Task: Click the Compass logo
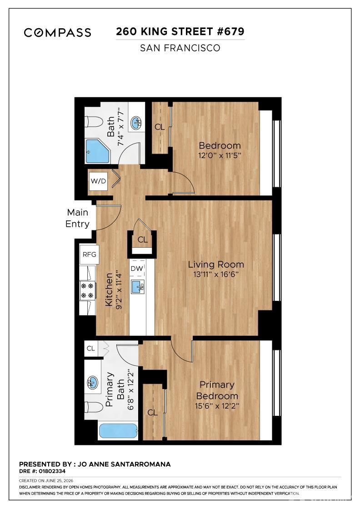(57, 32)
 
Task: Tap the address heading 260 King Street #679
(180, 31)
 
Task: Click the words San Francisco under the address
(180, 48)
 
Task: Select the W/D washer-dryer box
(98, 181)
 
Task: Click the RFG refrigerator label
(89, 254)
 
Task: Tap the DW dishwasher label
(137, 269)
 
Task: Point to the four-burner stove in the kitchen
(88, 290)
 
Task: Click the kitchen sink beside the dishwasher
(138, 287)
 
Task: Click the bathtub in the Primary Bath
(118, 431)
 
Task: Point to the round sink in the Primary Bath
(93, 383)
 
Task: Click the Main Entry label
(78, 218)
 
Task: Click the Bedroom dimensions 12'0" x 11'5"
(220, 155)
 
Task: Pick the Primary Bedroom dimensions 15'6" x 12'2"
(217, 406)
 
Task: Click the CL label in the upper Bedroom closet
(160, 127)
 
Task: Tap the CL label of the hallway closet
(143, 240)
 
